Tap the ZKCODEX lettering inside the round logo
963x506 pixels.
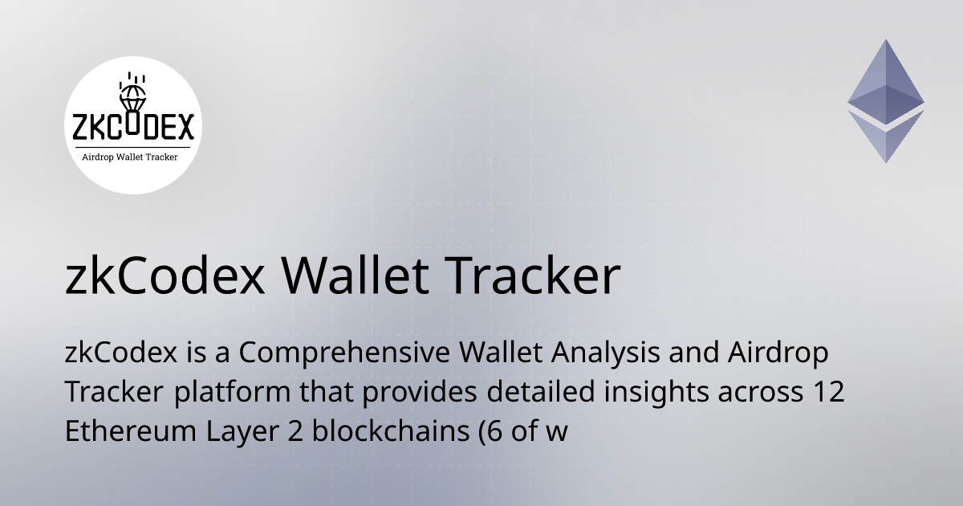point(132,128)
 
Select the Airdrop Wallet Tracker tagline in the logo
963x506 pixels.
point(131,157)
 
